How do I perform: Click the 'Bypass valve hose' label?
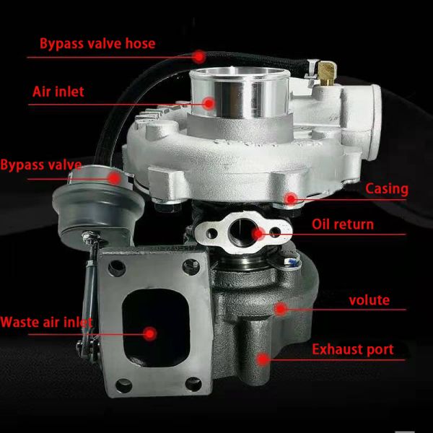97,44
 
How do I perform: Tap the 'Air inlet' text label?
58,92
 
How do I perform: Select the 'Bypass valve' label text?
40,165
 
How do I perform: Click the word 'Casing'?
387,189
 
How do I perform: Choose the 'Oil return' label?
343,224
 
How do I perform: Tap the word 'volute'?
369,299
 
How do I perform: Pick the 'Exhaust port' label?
353,350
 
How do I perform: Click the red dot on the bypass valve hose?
199,55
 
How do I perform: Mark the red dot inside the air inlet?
209,103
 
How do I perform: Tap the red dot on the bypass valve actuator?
114,176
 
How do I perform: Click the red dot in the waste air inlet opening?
150,333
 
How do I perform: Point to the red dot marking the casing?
290,198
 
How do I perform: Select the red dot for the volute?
280,308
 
